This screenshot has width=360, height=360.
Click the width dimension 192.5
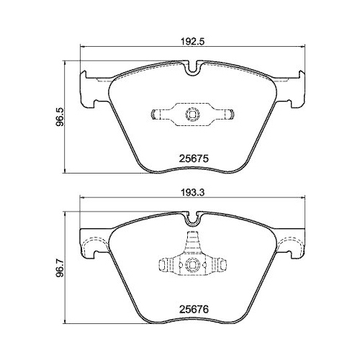click(189, 42)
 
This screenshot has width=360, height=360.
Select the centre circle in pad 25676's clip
click(192, 265)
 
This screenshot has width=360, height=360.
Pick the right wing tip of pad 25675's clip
click(233, 114)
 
